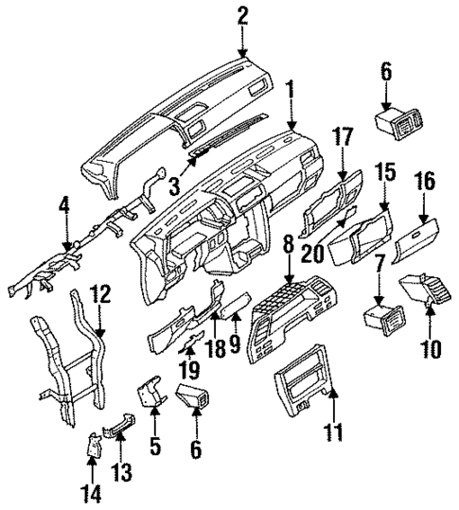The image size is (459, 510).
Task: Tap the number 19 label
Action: click(x=189, y=366)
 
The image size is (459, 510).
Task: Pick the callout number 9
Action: click(x=236, y=332)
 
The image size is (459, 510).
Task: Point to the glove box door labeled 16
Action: click(x=415, y=242)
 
